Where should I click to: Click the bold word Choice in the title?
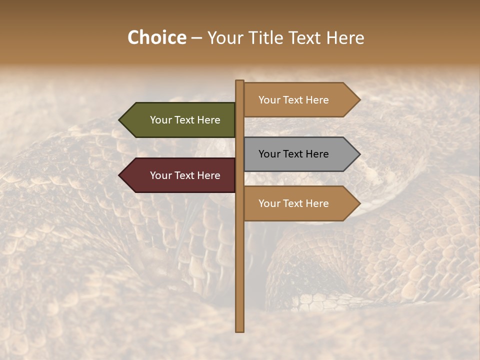click(x=156, y=38)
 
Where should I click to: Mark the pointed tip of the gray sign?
click(x=359, y=154)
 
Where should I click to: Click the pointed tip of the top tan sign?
click(x=359, y=100)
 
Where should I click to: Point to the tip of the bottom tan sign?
click(x=359, y=203)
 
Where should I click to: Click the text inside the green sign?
click(x=185, y=120)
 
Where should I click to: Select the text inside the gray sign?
click(x=293, y=154)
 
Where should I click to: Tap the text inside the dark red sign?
click(x=185, y=175)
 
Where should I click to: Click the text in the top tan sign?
click(x=293, y=100)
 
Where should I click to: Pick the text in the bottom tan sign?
click(x=293, y=203)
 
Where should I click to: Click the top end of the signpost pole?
click(x=239, y=82)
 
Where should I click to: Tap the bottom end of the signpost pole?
click(x=239, y=330)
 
